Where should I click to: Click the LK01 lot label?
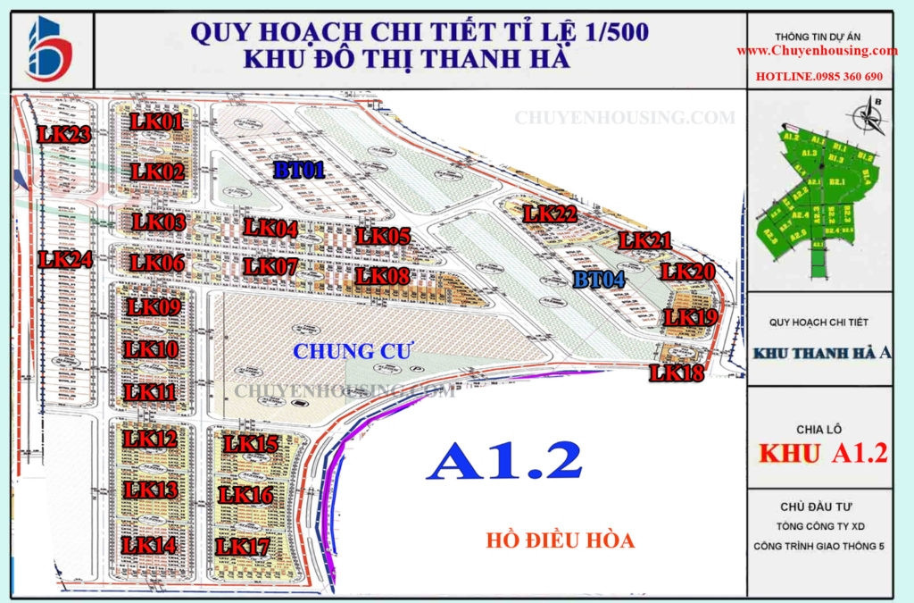[x=156, y=121]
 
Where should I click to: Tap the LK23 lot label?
[x=64, y=135]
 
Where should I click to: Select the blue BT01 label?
[x=298, y=171]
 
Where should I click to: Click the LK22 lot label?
[x=551, y=214]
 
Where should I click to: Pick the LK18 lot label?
[x=677, y=373]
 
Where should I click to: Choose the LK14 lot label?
[x=150, y=544]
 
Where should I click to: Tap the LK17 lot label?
[x=243, y=546]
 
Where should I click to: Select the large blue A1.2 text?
[x=504, y=462]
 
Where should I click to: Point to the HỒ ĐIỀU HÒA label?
[x=561, y=540]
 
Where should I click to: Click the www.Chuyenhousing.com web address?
[x=817, y=51]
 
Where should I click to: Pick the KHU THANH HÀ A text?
[x=822, y=353]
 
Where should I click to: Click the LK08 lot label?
[x=382, y=276]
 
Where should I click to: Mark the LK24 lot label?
[x=66, y=260]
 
